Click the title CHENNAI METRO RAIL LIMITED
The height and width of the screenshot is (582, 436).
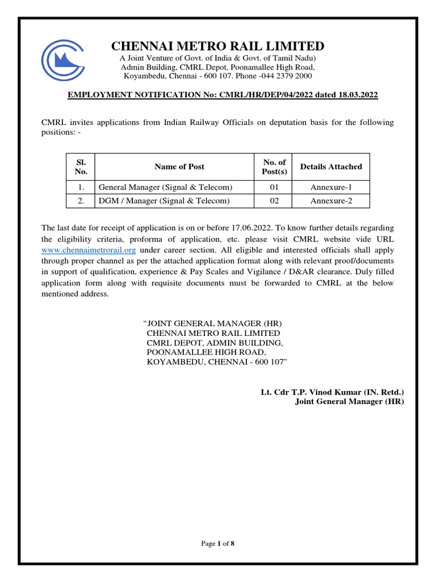click(217, 46)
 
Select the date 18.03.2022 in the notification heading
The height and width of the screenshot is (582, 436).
click(357, 94)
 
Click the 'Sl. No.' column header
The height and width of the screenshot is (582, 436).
click(80, 167)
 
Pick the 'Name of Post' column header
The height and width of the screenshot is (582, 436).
click(179, 167)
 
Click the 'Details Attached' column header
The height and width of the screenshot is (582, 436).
click(331, 167)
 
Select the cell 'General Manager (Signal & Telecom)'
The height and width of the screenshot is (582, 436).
click(166, 187)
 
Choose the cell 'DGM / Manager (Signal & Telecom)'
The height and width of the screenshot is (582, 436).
click(164, 201)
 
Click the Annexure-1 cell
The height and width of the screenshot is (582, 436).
click(331, 187)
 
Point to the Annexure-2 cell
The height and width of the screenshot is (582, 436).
click(331, 201)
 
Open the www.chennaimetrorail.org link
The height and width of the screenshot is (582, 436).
click(89, 250)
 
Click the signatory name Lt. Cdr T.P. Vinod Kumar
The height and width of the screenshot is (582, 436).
click(305, 392)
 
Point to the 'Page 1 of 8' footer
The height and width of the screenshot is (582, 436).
click(218, 544)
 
